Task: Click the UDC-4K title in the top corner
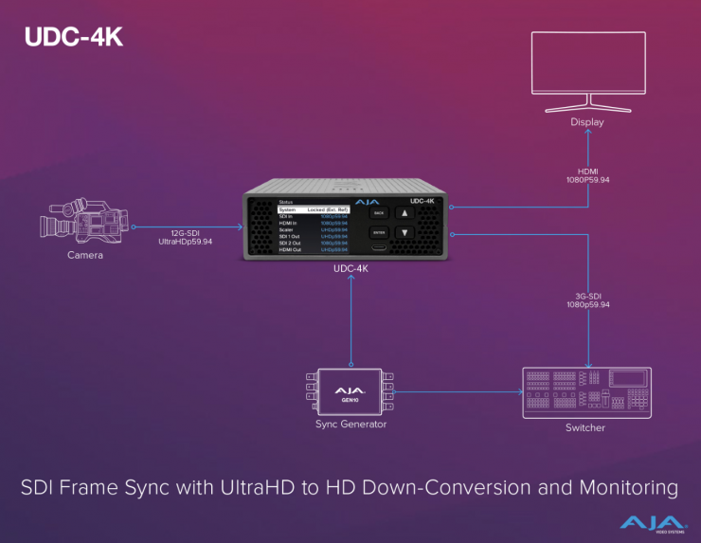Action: (74, 38)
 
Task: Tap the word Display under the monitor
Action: (587, 122)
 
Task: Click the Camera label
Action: (84, 256)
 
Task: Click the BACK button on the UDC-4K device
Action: (379, 213)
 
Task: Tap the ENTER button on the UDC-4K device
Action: (379, 232)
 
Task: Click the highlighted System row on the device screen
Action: (314, 209)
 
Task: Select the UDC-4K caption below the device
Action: (350, 269)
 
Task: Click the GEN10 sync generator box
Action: (350, 391)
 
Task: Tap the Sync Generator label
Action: (350, 425)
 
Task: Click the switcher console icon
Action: (588, 391)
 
